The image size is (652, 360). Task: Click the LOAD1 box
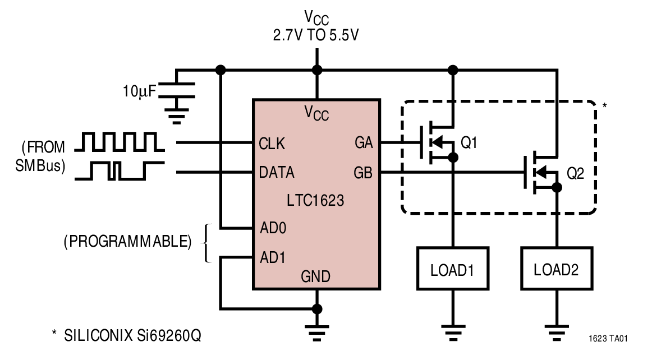[x=452, y=270]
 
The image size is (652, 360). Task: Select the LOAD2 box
[x=556, y=270]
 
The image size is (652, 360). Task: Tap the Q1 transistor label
[x=469, y=144]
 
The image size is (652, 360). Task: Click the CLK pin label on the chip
[x=272, y=144]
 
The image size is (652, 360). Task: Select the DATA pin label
[x=277, y=172]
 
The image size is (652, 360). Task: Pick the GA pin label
[x=364, y=144]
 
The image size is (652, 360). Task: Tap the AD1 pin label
[x=273, y=258]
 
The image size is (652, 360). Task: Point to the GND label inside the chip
[x=316, y=276]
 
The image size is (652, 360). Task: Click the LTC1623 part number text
[x=316, y=200]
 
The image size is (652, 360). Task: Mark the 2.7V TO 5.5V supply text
[x=316, y=35]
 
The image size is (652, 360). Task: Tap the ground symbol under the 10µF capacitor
[x=178, y=115]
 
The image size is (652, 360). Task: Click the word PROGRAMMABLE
[x=127, y=242]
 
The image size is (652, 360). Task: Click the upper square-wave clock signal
[x=120, y=142]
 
